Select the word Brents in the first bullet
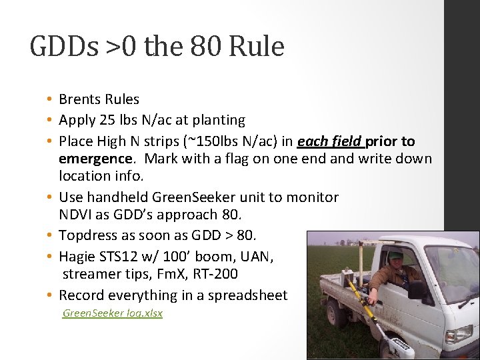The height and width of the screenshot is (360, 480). (79, 99)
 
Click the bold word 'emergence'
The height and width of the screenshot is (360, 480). (95, 159)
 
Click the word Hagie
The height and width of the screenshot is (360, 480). (77, 256)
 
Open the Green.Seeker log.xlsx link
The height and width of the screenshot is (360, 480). (112, 313)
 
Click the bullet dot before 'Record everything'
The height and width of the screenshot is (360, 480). (50, 295)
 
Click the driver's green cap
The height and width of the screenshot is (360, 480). (396, 255)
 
